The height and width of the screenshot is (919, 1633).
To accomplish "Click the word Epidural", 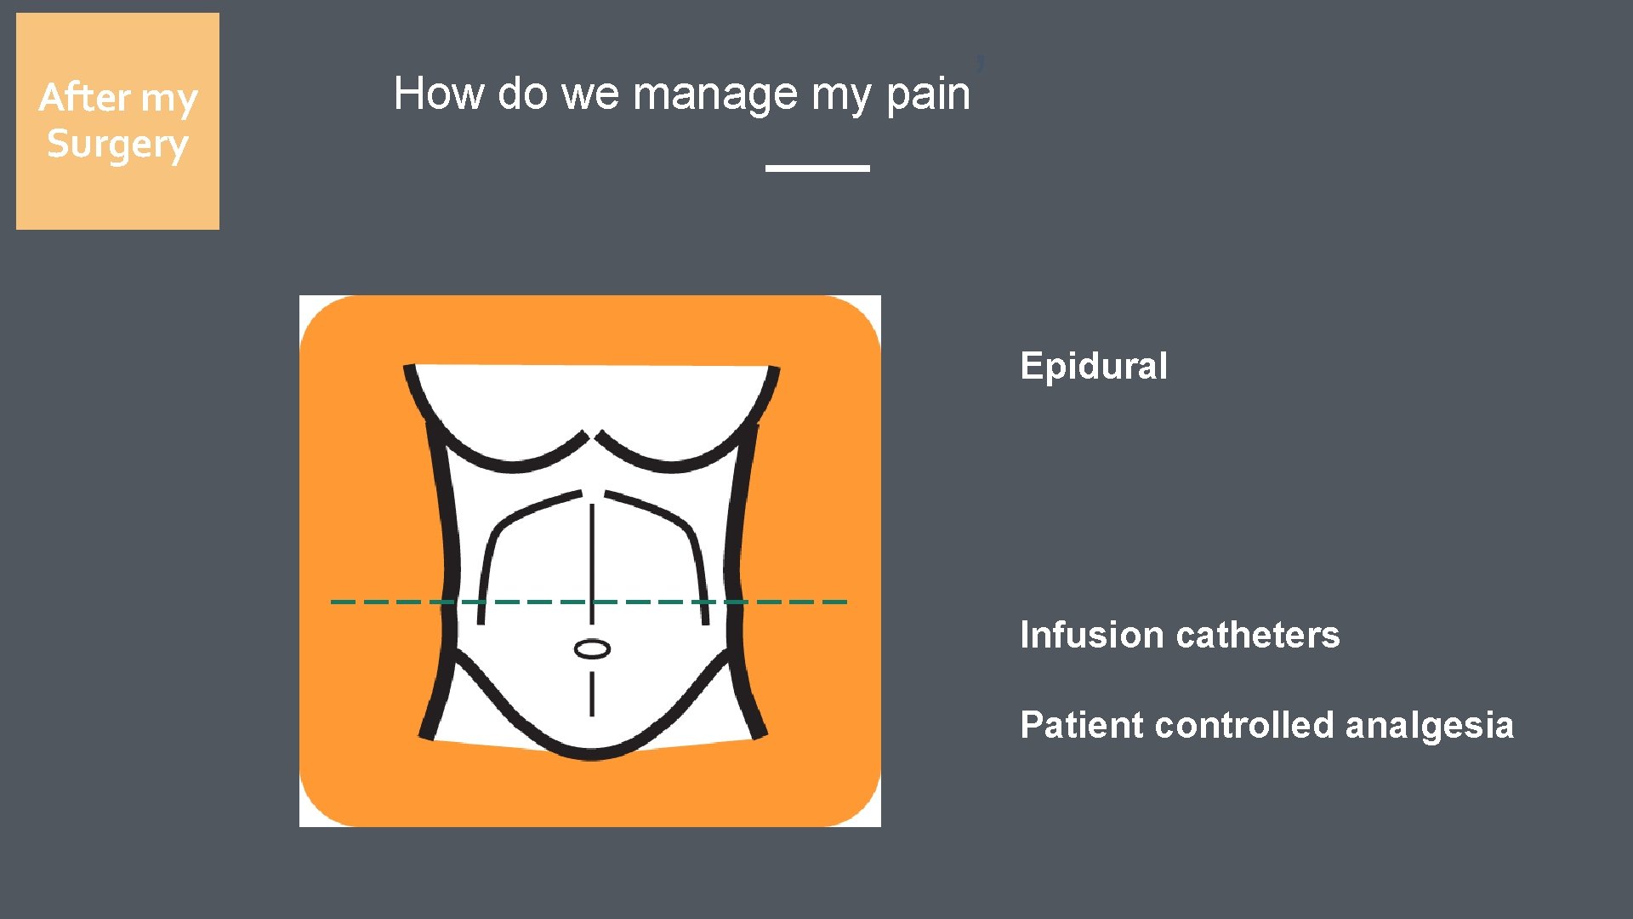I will (1093, 367).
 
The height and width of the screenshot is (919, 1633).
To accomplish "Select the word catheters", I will (1259, 636).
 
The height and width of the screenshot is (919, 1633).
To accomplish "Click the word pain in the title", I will (928, 94).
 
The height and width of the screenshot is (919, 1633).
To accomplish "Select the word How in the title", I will (440, 94).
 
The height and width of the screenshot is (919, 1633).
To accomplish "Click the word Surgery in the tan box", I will (117, 146).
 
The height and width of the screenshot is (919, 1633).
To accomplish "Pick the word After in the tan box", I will (84, 98).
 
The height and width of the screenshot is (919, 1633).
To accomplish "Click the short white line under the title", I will (817, 168).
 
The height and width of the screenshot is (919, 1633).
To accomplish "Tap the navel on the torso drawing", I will (592, 650).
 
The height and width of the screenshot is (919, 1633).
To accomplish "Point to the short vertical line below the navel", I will (592, 693).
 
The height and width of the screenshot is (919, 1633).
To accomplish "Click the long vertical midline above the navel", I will (592, 553).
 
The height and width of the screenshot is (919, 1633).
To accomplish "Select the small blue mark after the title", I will (980, 63).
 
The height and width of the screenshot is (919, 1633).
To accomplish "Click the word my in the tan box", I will (169, 100).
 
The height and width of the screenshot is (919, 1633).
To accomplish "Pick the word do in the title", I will (522, 94).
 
